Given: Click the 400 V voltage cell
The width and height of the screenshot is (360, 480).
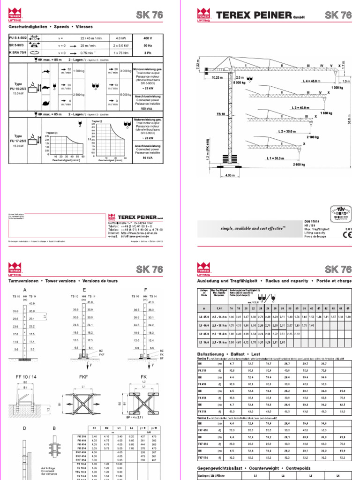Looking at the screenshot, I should pos(147,38).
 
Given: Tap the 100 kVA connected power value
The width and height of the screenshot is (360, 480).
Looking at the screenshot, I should pos(147,108).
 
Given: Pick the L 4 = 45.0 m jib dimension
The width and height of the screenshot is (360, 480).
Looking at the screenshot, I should pos(312,81).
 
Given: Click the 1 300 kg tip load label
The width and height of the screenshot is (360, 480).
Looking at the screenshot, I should pos(337,88).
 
